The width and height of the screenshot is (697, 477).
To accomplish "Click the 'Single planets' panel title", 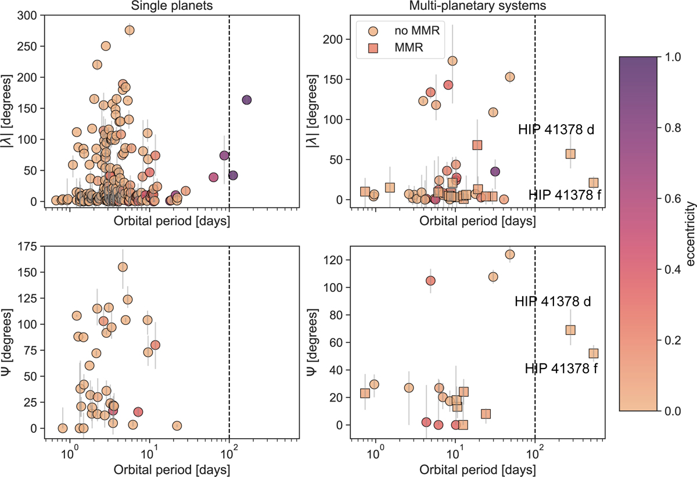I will pos(171,5).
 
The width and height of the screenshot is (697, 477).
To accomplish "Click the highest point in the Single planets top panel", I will pos(130,30).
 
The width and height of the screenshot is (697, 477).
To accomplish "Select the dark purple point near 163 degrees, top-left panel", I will pos(246,100).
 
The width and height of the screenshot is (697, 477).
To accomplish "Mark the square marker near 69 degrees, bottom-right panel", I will pos(570,330).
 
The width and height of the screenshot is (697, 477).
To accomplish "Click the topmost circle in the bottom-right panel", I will pos(510,254).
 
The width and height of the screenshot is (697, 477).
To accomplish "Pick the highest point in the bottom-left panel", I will pos(123,267).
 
